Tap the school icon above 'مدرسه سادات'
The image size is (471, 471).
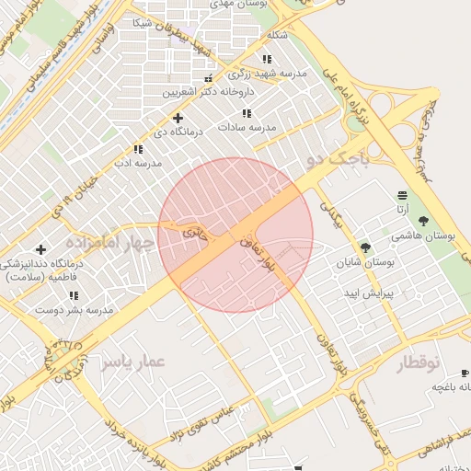tap(246, 113)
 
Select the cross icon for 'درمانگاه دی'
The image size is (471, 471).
tap(178, 118)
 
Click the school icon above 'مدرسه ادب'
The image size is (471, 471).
tap(137, 149)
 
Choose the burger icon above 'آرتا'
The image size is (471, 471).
tap(402, 195)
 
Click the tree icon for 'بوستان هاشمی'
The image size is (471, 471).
tap(423, 221)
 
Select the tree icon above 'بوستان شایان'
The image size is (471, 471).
tap(365, 247)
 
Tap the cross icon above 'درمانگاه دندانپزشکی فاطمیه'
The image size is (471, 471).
tap(40, 249)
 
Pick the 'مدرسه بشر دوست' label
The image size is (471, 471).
tap(74, 310)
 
